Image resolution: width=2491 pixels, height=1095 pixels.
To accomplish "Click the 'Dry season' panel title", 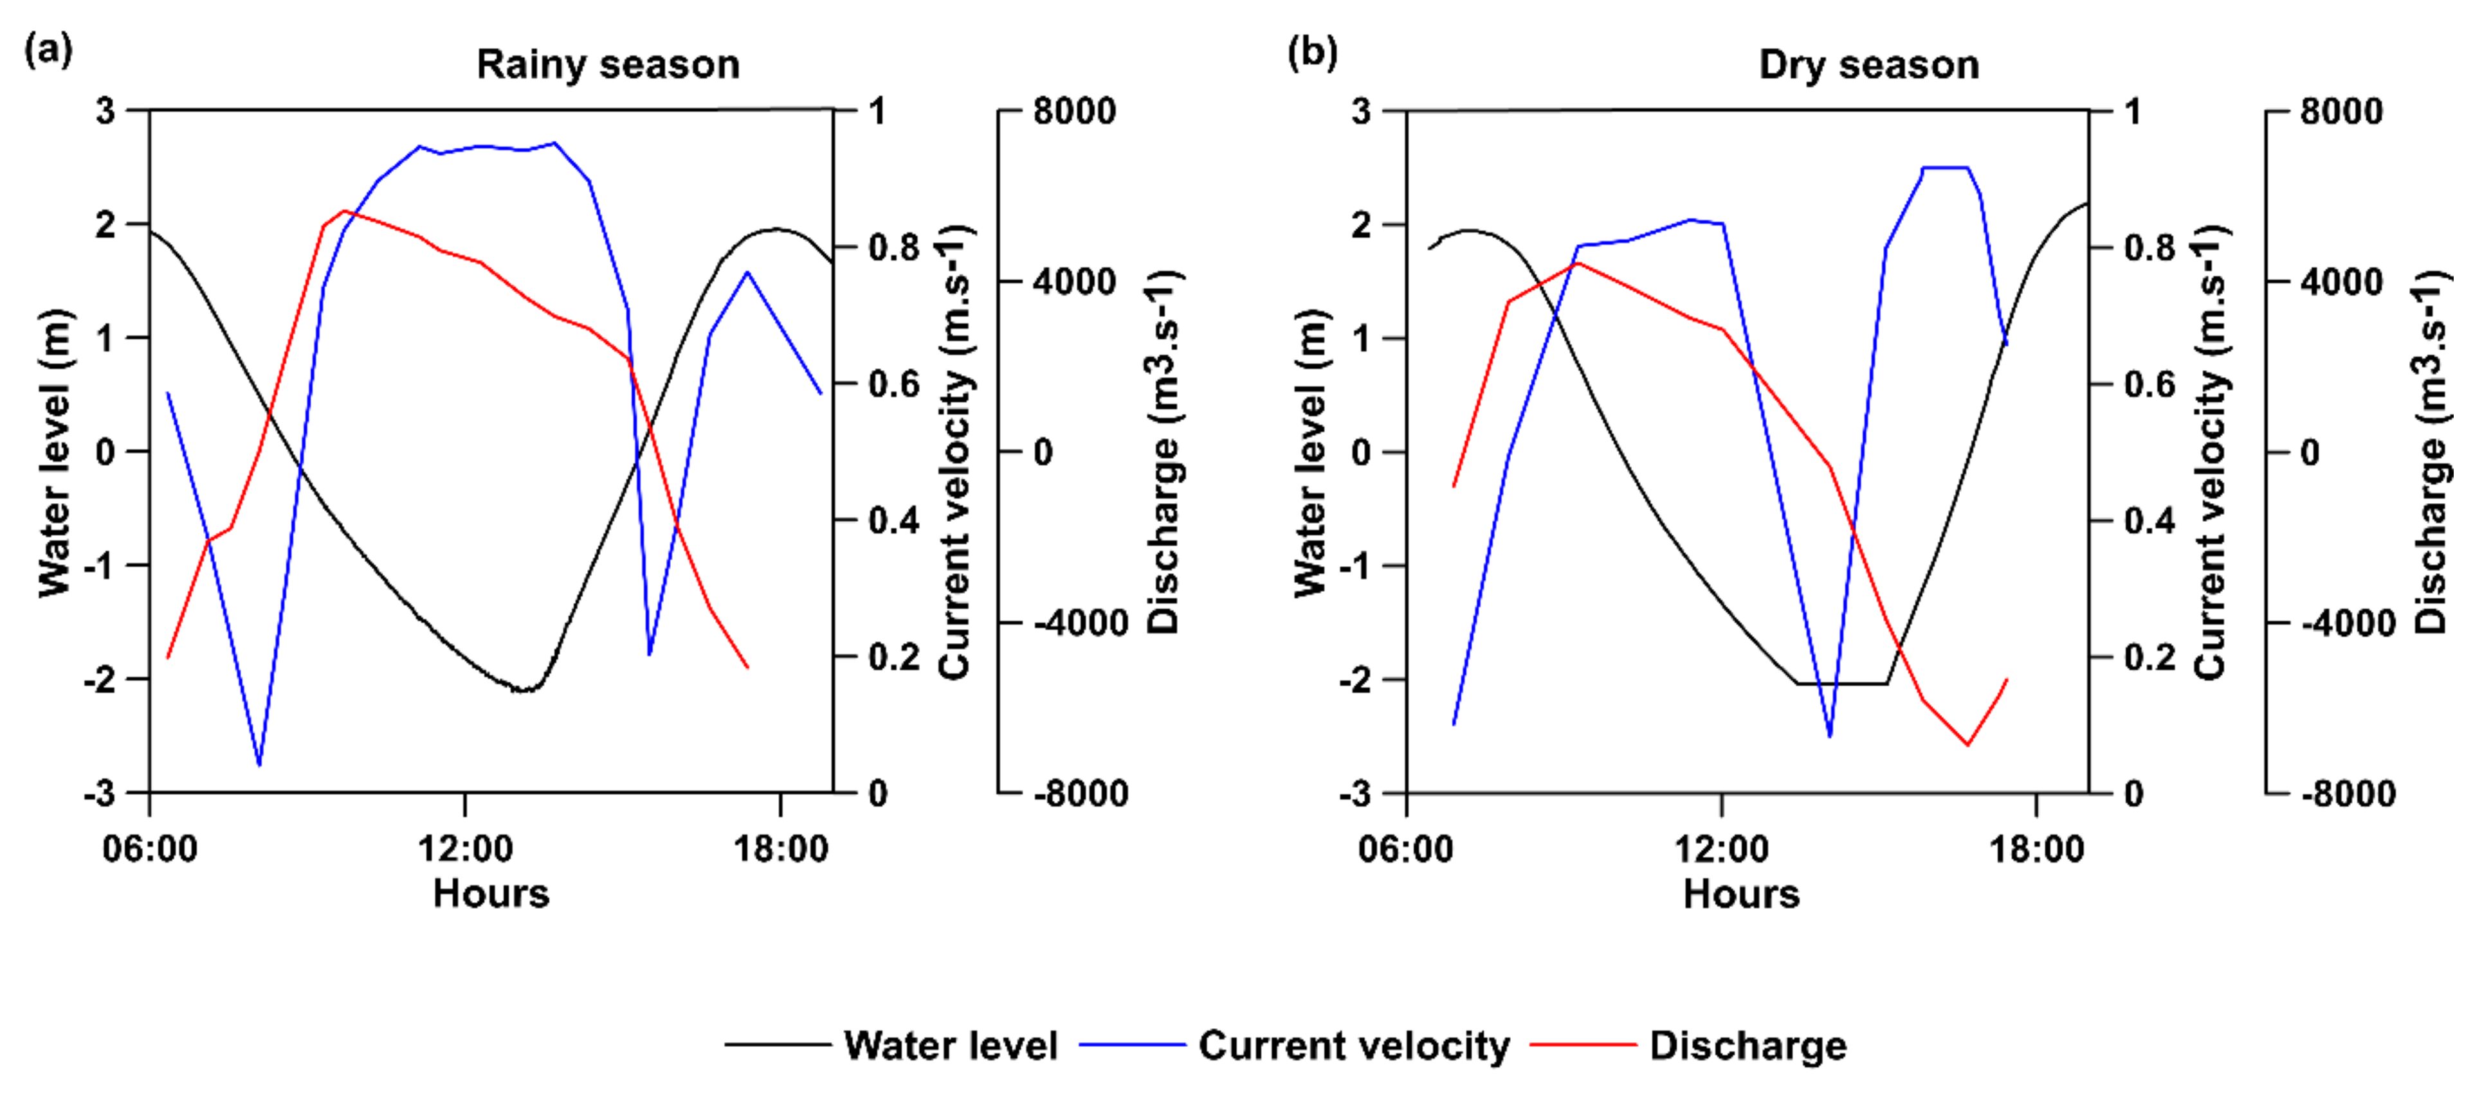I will [x=1868, y=65].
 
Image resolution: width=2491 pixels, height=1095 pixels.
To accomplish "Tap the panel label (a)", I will [x=48, y=48].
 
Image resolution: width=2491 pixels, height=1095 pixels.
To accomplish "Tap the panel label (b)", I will [x=1312, y=50].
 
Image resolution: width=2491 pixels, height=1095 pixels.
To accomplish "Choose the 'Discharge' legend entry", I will [x=1747, y=1046].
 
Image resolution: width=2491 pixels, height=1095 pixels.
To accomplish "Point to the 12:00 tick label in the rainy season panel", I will [x=465, y=848].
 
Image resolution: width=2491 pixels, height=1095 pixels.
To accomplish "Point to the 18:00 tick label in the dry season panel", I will [x=2036, y=848].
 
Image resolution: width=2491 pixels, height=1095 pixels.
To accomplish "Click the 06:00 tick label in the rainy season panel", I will [x=150, y=848].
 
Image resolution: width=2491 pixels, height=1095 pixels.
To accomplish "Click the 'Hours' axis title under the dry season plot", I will [x=1740, y=893].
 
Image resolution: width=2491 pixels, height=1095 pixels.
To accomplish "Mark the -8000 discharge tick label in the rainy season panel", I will [x=1080, y=794].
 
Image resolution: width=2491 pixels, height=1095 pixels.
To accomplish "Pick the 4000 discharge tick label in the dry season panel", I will [x=2341, y=282].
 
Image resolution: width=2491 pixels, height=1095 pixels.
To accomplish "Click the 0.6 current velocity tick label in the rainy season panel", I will [x=893, y=384].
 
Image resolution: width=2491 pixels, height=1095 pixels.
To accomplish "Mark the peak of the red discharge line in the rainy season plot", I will [x=343, y=211].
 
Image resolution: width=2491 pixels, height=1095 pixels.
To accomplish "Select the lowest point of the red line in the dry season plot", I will [x=1967, y=744].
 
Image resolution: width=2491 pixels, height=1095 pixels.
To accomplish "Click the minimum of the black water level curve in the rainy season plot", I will [x=522, y=690].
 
